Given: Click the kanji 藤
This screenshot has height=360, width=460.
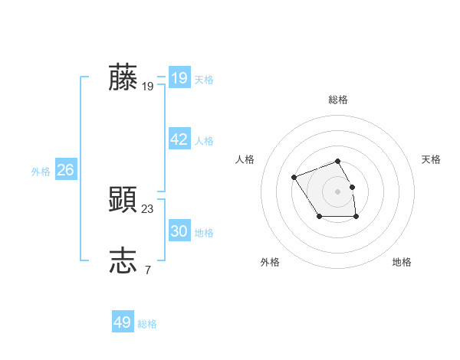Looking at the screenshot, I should [x=123, y=77].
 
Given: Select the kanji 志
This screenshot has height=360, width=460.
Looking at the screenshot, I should [x=123, y=260].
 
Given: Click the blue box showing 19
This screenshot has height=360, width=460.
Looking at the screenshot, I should [x=179, y=78].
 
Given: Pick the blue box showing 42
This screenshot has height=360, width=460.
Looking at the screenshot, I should [x=179, y=139].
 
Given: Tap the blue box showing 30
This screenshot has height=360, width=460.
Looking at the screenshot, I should [x=179, y=231].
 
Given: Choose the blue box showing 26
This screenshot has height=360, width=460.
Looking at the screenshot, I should [x=65, y=170].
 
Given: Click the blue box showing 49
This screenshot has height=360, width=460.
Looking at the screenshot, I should [x=122, y=322].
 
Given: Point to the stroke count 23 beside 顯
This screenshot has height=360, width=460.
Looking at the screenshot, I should [x=148, y=208].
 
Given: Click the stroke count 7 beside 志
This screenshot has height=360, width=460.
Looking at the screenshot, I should [x=147, y=270].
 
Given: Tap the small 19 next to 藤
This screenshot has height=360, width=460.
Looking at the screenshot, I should [x=148, y=87].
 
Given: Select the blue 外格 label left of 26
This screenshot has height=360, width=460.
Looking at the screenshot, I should [x=41, y=172].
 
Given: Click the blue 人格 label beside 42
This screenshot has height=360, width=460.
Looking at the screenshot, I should [x=204, y=141].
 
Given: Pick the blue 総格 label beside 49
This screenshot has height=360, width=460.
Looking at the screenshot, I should [x=147, y=324].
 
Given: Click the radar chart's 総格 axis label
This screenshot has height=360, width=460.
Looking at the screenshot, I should [x=338, y=100].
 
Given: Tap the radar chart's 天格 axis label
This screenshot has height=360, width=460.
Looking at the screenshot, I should [x=431, y=159].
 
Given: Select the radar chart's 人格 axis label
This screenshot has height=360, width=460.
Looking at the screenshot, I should [x=245, y=159].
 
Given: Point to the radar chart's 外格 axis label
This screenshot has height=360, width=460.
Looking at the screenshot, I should [x=270, y=262].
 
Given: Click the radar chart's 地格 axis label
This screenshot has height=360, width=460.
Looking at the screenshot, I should [x=402, y=262].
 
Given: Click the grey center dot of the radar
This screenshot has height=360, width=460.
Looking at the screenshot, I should [x=338, y=191].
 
